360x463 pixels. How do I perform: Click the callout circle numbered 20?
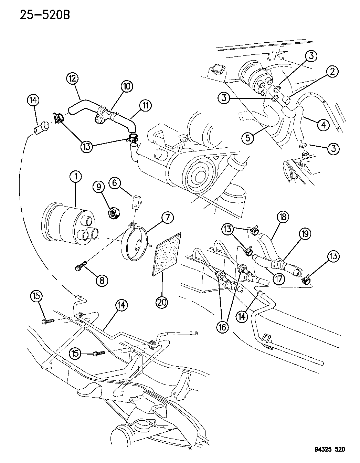point(162,302)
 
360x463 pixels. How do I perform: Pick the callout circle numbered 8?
point(102,280)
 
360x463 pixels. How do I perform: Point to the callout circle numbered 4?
point(323,125)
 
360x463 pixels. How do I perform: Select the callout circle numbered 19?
point(305,234)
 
